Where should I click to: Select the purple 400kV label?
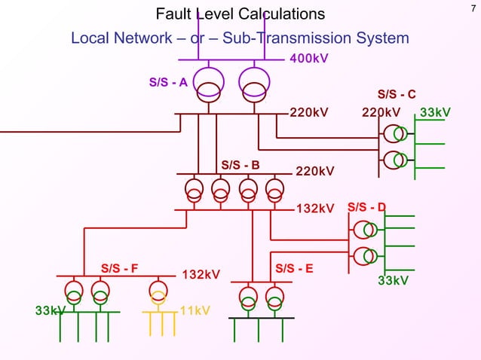pos(309,59)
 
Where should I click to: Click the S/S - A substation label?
pos(168,82)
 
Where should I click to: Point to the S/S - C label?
pos(397,94)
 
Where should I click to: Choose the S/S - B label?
pos(240,165)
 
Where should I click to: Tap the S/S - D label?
pos(367,207)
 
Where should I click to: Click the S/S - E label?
pos(295,267)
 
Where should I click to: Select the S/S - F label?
pos(120,267)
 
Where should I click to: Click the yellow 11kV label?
pos(195,311)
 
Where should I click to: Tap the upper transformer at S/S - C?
pos(395,134)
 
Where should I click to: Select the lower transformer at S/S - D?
pos(366,255)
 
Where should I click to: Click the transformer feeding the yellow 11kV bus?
pos(158,291)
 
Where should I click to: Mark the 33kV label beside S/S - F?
pos(51,311)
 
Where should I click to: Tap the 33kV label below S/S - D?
pos(393,281)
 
